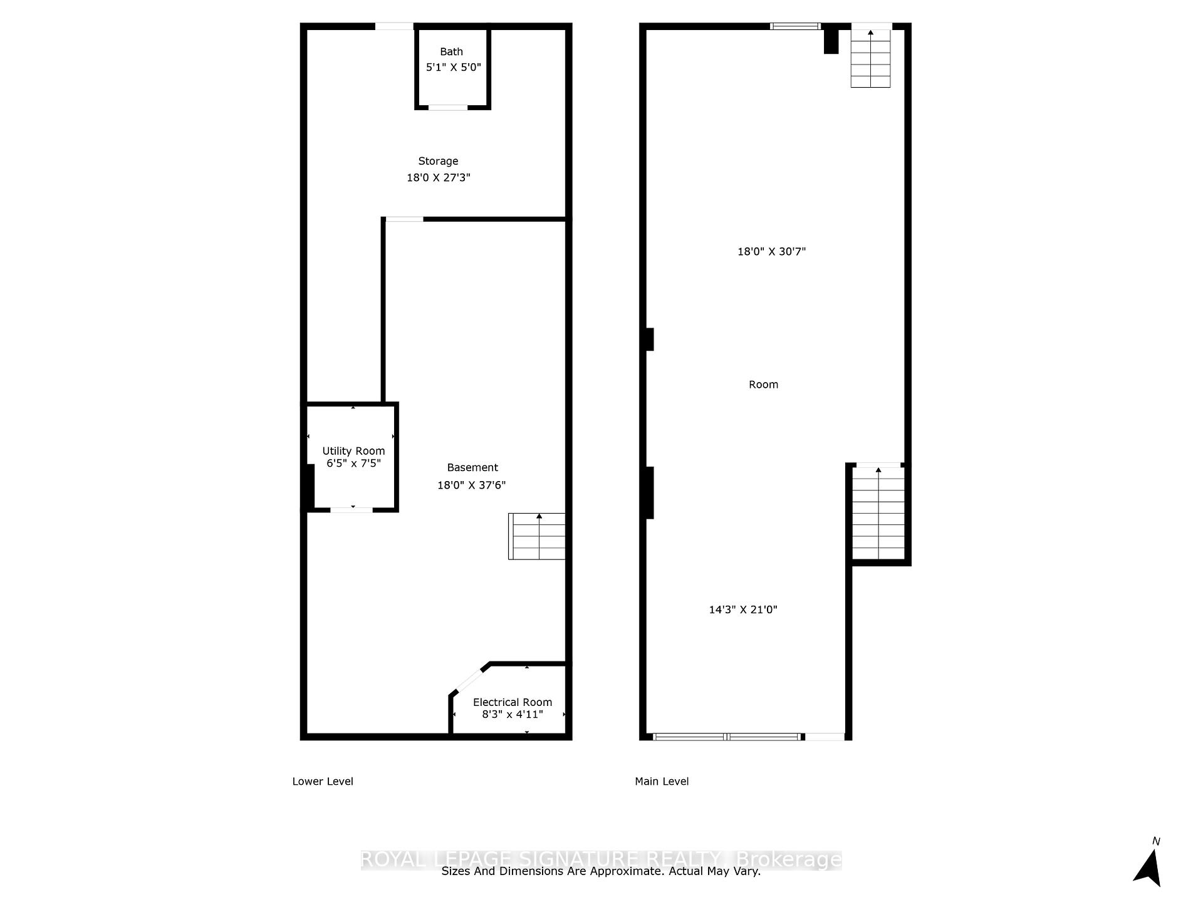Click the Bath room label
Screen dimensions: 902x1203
451,52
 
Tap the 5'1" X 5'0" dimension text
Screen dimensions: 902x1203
453,67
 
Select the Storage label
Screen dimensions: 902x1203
438,161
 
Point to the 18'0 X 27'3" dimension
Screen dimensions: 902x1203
438,178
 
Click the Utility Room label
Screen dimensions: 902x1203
353,451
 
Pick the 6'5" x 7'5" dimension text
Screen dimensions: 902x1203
353,464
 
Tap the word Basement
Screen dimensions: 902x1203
472,467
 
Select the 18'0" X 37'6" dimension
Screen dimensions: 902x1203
471,485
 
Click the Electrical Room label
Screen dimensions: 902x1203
512,702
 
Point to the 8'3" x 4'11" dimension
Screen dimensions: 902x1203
512,714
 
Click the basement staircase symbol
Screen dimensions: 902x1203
536,536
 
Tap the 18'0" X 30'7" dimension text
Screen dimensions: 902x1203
771,252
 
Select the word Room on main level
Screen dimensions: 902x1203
763,385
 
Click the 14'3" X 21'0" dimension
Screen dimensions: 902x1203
742,609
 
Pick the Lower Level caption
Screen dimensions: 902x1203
323,781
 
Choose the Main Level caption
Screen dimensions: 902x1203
662,781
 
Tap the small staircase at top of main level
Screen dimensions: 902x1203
870,58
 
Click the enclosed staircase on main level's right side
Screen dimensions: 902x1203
878,512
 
